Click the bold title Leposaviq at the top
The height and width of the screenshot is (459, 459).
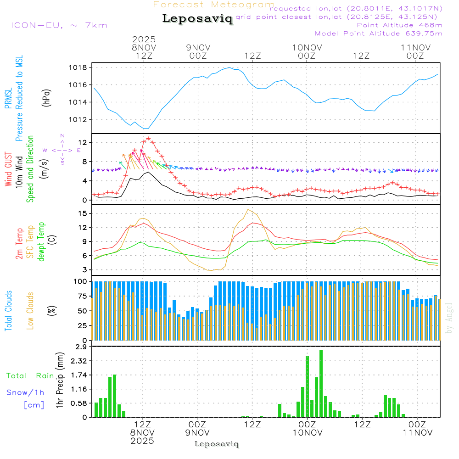(x=197, y=19)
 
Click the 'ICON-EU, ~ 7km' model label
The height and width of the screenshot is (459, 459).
(x=59, y=25)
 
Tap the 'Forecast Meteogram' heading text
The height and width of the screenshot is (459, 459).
(x=214, y=5)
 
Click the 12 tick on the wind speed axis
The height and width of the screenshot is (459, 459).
(x=83, y=143)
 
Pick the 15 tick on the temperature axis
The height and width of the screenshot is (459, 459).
(x=83, y=213)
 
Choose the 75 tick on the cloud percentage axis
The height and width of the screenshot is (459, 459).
(x=82, y=296)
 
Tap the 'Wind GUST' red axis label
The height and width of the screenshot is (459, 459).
(x=8, y=170)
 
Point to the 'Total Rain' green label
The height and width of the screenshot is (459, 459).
(x=30, y=375)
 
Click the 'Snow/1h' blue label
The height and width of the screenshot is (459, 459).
(x=25, y=392)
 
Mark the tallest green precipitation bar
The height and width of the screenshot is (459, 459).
(x=321, y=383)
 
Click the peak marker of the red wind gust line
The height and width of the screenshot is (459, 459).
(x=148, y=138)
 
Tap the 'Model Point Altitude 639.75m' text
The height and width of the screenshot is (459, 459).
(x=379, y=34)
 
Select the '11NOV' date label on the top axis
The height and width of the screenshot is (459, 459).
(x=415, y=47)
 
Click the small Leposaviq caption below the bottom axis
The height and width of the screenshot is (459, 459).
(x=216, y=444)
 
